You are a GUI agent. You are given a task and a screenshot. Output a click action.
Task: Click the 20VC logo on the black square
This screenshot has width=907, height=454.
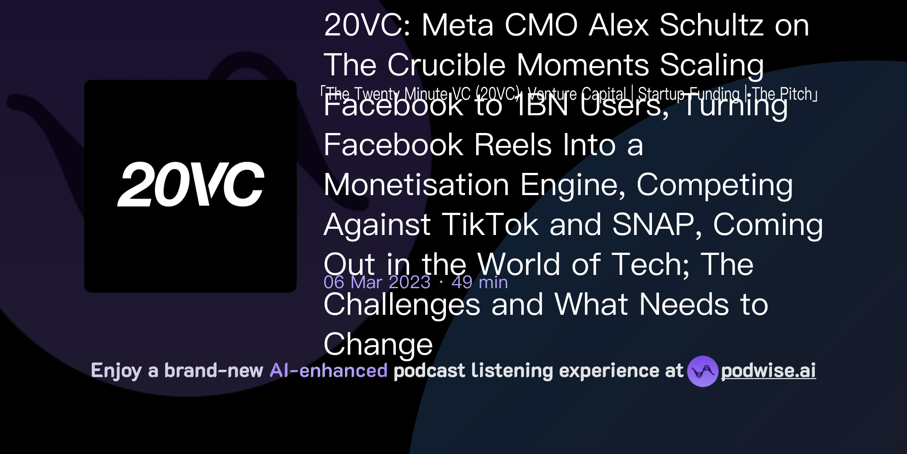point(190,184)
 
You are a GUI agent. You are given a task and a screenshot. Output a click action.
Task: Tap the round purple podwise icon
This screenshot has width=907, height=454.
point(702,372)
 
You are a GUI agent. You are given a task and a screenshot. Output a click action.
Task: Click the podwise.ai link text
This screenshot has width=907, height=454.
point(768,371)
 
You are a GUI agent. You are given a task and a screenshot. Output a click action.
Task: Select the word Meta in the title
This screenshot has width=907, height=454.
point(457,25)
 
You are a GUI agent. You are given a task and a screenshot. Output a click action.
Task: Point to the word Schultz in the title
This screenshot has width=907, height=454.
point(711,25)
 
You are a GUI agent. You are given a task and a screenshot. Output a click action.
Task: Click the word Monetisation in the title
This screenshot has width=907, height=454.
point(416,185)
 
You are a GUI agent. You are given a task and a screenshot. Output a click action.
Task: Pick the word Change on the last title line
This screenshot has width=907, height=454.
point(378,344)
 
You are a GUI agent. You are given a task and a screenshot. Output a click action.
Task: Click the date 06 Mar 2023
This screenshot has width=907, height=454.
point(377,282)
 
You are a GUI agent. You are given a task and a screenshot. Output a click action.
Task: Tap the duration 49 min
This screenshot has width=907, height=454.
point(480,282)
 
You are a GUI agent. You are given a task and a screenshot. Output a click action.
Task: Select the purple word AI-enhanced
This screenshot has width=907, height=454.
point(329,371)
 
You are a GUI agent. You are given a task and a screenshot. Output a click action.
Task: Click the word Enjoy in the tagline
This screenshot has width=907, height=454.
point(116,371)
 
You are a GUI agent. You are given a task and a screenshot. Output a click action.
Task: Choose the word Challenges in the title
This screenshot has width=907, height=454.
point(402,305)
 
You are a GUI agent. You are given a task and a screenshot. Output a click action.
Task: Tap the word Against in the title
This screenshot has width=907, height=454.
point(377,225)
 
